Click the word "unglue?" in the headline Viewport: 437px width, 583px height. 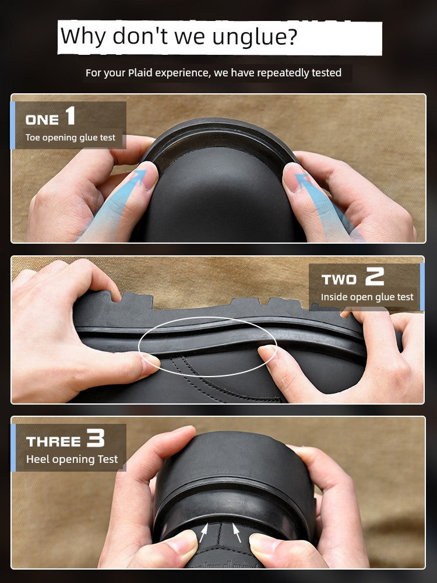click(255, 37)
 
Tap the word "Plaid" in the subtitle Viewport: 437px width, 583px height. click(140, 72)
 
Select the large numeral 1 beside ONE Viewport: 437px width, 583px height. click(71, 115)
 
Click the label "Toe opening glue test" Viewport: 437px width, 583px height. click(71, 138)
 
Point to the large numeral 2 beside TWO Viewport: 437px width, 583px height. click(374, 276)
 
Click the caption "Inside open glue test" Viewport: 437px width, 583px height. click(367, 297)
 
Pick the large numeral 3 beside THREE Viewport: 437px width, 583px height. click(96, 438)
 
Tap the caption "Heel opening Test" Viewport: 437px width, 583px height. click(72, 459)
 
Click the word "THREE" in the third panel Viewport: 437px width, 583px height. click(53, 441)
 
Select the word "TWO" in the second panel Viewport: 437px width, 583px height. click(339, 280)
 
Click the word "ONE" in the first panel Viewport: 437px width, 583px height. click(42, 120)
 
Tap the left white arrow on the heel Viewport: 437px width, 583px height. click(203, 533)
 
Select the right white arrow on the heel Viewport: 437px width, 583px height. click(237, 533)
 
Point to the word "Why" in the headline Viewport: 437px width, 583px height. click(83, 37)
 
